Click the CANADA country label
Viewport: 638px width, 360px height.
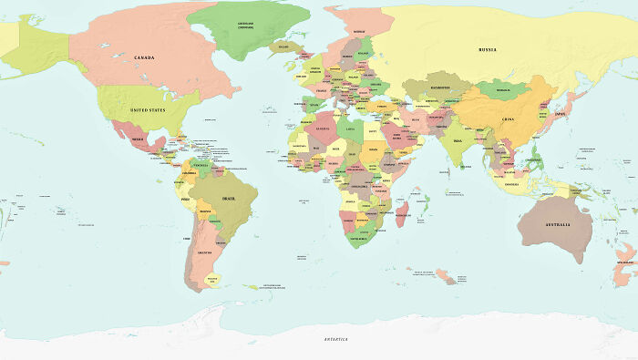tap(144, 57)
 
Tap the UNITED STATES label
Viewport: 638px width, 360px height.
tap(148, 109)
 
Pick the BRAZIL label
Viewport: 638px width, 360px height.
tap(229, 199)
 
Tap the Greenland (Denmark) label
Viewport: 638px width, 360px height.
tap(245, 26)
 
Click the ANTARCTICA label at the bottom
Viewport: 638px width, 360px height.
tap(336, 339)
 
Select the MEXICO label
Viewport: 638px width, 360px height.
tap(139, 139)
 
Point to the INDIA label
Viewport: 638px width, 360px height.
tap(458, 141)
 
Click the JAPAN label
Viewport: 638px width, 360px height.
tap(561, 114)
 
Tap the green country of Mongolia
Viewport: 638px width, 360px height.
tap(503, 90)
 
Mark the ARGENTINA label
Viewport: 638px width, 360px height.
tap(205, 252)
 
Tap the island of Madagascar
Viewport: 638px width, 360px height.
tap(401, 215)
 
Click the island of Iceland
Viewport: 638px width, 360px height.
tap(284, 46)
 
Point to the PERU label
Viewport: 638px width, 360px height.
tap(187, 198)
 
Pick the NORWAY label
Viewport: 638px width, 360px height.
tap(358, 32)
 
